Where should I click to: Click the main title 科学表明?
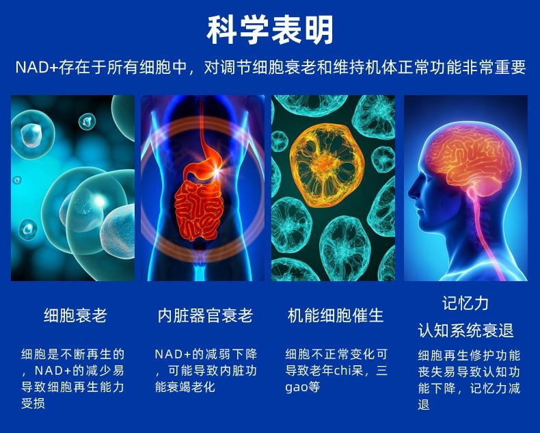[x=270, y=30]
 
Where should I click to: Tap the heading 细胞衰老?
[x=75, y=315]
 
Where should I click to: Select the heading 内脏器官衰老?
[x=205, y=315]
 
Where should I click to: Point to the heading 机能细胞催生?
[x=336, y=315]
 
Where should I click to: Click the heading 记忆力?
[x=465, y=303]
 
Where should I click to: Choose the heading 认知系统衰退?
[x=465, y=330]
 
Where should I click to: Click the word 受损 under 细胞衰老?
[x=33, y=404]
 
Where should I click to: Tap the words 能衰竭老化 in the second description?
[x=185, y=387]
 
